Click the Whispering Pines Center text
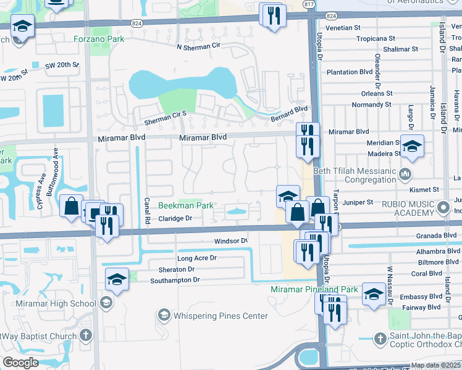[x=220, y=316]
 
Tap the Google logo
[x=20, y=363]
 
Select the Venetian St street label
[x=344, y=28]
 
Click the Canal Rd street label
[x=148, y=210]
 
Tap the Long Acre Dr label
[x=197, y=258]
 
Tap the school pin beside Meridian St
[x=412, y=147]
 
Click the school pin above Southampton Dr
[x=117, y=279]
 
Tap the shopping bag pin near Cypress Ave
[x=72, y=205]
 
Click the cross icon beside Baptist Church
[x=86, y=336]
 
